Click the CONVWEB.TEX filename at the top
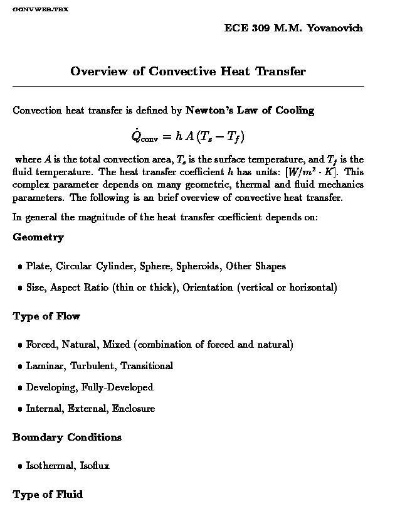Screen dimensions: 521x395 (x=40, y=9)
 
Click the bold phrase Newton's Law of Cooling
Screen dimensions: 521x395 (x=250, y=110)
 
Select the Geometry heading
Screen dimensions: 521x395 (x=38, y=237)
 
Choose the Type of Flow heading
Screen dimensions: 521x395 (x=46, y=316)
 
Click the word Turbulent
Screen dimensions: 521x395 (x=92, y=366)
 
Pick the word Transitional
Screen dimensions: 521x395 (x=147, y=366)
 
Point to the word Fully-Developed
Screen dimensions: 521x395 (x=117, y=387)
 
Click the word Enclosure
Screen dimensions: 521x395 (x=134, y=409)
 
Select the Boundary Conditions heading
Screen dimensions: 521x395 (x=67, y=438)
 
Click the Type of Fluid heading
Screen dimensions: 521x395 (x=48, y=495)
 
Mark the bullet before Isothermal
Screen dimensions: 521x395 (x=20, y=466)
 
